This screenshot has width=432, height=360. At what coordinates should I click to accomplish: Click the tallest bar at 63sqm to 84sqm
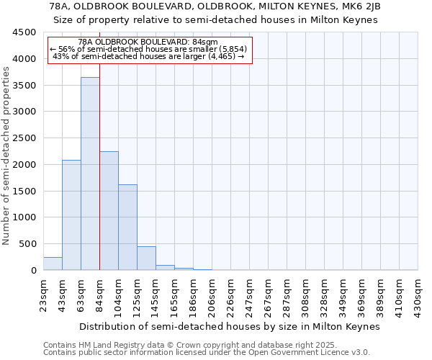point(90,174)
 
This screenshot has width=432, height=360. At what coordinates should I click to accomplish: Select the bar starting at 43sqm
point(71,215)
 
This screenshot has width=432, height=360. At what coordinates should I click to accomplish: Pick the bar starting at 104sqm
point(127,228)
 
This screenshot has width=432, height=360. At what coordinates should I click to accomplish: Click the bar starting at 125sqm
point(146,258)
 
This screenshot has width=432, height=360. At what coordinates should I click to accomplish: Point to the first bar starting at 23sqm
point(53,264)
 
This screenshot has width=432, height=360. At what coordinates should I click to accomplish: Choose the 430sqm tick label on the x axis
point(418,294)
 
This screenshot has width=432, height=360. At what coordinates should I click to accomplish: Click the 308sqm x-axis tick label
point(306,294)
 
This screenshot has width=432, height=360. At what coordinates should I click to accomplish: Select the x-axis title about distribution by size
point(229,326)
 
